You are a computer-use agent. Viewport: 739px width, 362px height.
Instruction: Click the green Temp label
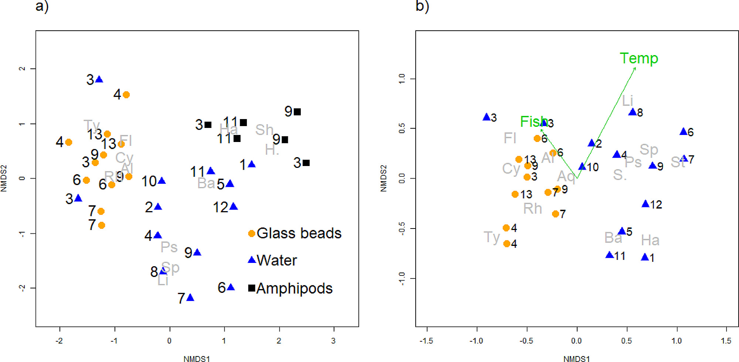[x=638, y=58]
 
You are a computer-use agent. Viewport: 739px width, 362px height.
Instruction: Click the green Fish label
[x=534, y=122]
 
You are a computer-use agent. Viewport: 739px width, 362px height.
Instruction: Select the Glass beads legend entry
[x=294, y=233]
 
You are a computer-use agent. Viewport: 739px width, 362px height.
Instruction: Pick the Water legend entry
[x=272, y=260]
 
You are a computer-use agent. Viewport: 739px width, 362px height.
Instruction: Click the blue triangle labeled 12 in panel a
[x=234, y=206]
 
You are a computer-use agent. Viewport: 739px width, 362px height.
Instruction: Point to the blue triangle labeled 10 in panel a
[x=161, y=181]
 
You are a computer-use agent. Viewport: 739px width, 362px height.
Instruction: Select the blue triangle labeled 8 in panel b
[x=632, y=112]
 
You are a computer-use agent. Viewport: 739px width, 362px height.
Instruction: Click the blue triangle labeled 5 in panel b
[x=622, y=231]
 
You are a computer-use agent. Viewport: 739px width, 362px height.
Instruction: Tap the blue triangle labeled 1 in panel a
[x=252, y=164]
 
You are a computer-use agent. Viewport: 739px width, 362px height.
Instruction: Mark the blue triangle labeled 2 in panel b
[x=591, y=143]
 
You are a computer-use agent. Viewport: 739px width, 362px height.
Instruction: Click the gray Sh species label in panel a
[x=264, y=130]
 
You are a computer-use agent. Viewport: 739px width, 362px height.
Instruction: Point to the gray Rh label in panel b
[x=532, y=209]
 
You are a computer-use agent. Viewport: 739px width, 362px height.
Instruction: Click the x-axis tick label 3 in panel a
[x=333, y=341]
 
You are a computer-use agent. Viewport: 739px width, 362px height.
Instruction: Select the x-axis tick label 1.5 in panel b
[x=726, y=341]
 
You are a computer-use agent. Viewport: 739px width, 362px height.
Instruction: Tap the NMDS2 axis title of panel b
[x=384, y=178]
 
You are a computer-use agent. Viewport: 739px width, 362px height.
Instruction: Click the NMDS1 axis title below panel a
[x=197, y=358]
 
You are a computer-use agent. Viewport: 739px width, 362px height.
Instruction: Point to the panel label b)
[x=422, y=6]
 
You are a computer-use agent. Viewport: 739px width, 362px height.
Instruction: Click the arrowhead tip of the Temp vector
[x=636, y=68]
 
